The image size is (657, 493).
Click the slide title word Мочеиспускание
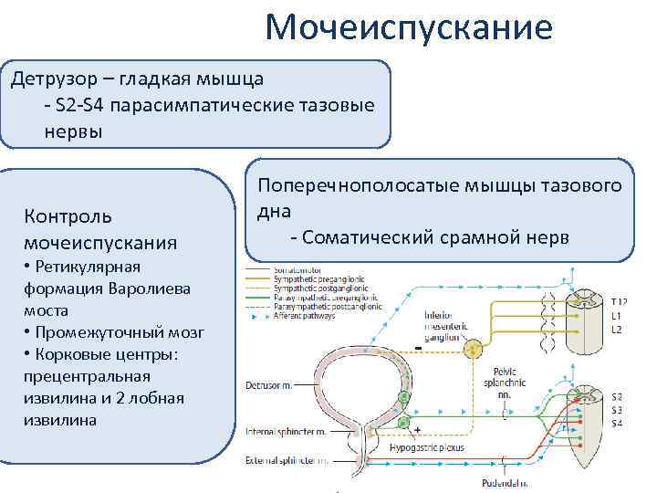408,27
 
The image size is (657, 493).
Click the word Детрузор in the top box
49,79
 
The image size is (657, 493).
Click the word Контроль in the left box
69,217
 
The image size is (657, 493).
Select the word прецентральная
89,376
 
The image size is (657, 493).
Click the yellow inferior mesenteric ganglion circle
473,350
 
